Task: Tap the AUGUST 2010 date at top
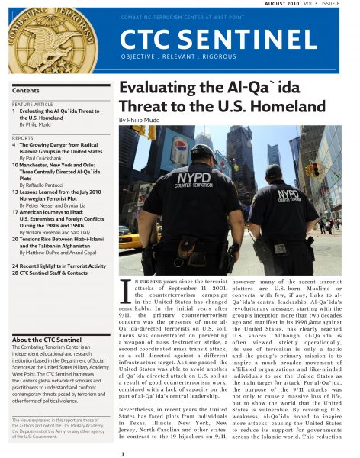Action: pyautogui.click(x=301, y=4)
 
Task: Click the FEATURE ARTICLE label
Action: pyautogui.click(x=33, y=104)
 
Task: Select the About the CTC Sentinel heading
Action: pyautogui.click(x=47, y=318)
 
